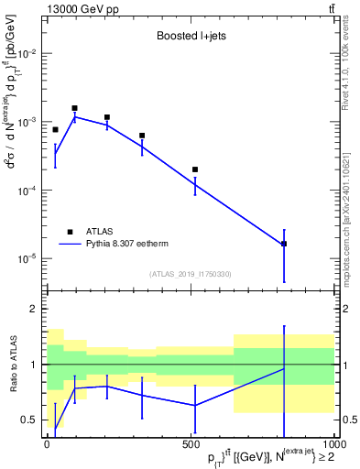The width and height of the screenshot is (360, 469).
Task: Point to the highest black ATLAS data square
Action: point(74,108)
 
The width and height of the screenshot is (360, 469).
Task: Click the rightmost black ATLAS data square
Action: point(284,244)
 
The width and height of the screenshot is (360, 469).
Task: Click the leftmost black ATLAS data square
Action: point(55,130)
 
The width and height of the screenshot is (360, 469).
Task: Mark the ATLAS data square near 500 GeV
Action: point(195,169)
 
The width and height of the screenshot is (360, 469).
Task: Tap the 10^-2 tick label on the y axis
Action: point(27,54)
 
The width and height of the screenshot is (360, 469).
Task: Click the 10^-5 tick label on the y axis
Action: point(27,258)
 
